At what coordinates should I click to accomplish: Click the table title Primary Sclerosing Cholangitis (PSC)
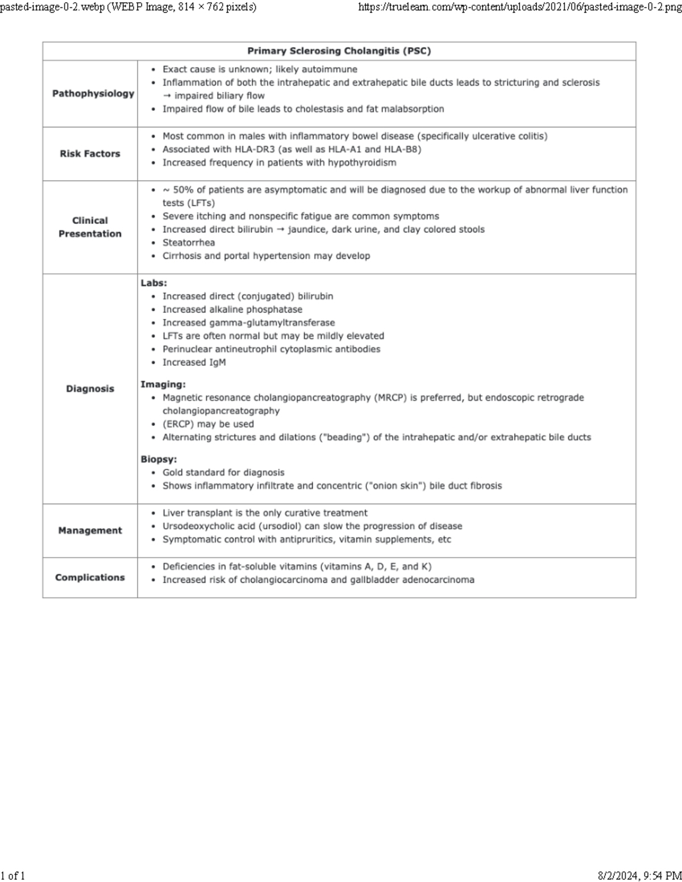coord(339,51)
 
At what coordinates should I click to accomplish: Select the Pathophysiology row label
coord(93,94)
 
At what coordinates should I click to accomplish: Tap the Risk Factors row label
coord(90,154)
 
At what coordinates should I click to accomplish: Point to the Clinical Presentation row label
coord(90,227)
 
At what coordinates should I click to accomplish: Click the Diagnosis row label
coord(90,389)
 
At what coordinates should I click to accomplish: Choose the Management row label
coord(90,530)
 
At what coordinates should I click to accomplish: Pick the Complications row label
coord(90,578)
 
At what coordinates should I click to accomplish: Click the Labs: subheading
coord(153,283)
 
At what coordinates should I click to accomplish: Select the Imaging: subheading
coord(163,384)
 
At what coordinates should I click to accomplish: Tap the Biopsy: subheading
coord(159,459)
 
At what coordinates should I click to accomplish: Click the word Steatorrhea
coord(189,243)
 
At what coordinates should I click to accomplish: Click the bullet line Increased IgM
coord(194,362)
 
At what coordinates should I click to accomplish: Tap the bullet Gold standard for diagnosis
coord(223,473)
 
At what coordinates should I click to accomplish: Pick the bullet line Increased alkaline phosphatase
coord(232,310)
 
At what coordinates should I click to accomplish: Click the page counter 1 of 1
coord(13,875)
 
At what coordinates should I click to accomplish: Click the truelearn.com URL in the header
coord(519,7)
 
